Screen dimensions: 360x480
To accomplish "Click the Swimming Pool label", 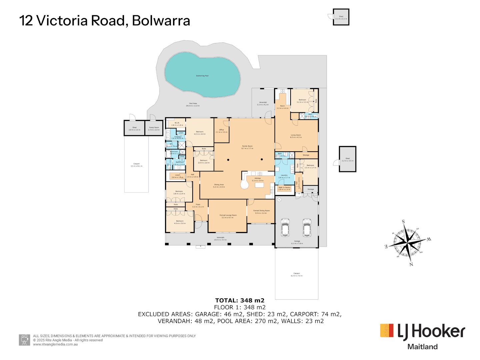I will [202, 76].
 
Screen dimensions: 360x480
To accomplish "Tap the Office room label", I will [221, 130].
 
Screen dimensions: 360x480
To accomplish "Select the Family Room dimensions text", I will [247, 148].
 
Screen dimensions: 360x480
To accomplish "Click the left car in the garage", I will [285, 227].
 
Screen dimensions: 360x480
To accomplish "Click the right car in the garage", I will [307, 227].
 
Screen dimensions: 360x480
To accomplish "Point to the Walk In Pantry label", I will [284, 188].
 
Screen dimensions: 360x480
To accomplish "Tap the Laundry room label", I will [284, 175].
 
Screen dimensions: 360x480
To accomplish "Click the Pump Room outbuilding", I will [154, 128].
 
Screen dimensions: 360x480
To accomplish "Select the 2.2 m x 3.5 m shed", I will [347, 159].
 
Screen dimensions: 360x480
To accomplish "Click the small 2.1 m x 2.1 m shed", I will [341, 17].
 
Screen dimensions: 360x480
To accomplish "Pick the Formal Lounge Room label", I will [228, 215].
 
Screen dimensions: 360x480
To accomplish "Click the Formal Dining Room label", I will [261, 211].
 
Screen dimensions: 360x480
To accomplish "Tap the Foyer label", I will [198, 205].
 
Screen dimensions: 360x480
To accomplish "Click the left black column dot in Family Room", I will [228, 160].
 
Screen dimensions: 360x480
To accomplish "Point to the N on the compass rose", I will [411, 264].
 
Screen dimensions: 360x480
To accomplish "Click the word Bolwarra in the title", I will [161, 21].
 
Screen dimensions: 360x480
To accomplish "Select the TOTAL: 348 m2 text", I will [240, 300].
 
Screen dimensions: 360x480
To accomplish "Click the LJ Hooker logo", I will [423, 331].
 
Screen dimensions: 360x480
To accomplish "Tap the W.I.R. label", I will [177, 123].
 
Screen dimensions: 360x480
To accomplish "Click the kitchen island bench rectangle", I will [259, 185].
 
